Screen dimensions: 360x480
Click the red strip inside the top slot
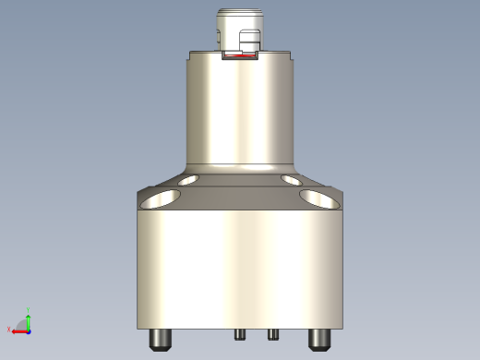pyautogui.click(x=240, y=57)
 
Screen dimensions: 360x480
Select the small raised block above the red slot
pyautogui.click(x=249, y=42)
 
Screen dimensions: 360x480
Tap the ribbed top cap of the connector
pyautogui.click(x=240, y=16)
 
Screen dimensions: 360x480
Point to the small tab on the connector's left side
pyautogui.click(x=218, y=39)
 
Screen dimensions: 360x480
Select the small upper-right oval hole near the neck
pyautogui.click(x=292, y=179)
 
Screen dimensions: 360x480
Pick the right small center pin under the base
pyautogui.click(x=273, y=333)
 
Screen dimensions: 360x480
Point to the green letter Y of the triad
pyautogui.click(x=29, y=311)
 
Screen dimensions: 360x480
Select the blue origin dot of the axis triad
pyautogui.click(x=28, y=329)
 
